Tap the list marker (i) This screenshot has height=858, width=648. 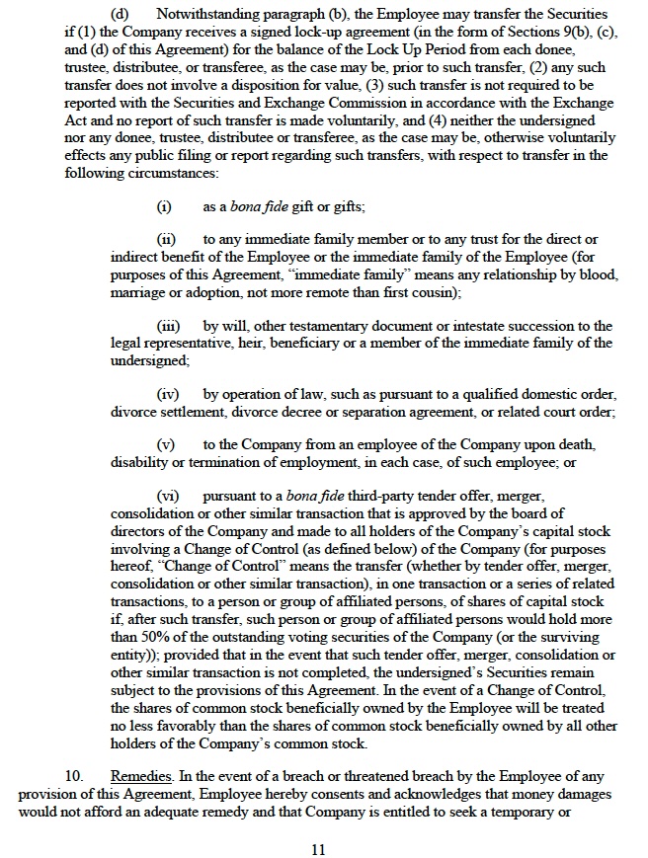coord(164,207)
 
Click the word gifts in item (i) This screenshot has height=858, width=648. coord(346,207)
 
